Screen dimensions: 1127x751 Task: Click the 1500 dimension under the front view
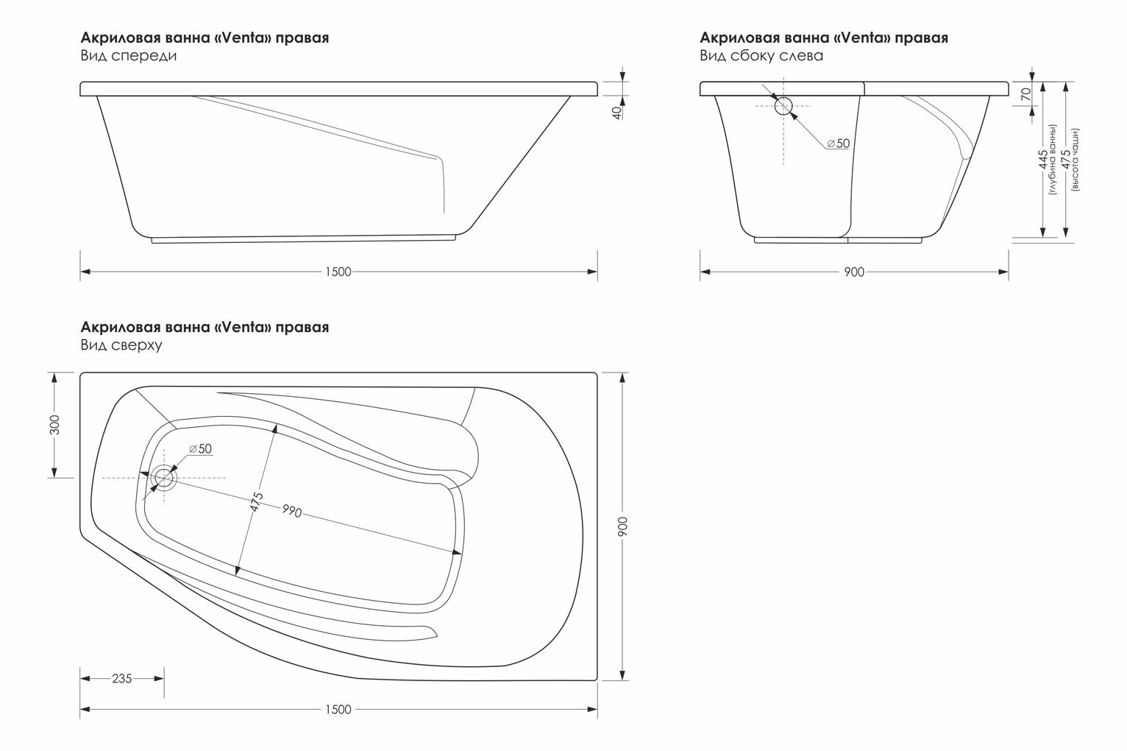point(338,272)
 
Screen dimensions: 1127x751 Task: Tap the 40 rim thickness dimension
point(616,113)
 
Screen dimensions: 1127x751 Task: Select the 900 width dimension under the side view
point(854,272)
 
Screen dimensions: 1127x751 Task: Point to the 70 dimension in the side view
point(1026,94)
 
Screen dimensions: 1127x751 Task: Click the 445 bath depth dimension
point(1042,160)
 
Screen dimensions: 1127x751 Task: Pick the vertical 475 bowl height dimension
point(1065,160)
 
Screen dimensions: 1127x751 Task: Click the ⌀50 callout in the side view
point(838,144)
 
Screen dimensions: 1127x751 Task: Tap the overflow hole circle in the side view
point(783,106)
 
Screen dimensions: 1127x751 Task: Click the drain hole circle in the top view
point(164,478)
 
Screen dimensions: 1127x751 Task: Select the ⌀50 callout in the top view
point(200,449)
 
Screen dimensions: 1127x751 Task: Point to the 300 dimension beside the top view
point(55,425)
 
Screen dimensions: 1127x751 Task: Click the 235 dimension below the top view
point(122,678)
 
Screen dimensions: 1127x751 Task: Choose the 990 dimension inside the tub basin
point(292,511)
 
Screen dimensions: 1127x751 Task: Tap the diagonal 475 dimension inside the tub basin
point(257,502)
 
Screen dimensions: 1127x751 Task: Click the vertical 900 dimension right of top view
point(623,526)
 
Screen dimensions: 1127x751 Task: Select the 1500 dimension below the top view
point(338,709)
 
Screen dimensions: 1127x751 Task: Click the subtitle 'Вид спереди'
point(129,55)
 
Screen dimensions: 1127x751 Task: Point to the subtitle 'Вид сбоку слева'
point(761,55)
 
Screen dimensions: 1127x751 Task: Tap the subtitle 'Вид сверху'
point(121,345)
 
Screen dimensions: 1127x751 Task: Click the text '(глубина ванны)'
point(1053,160)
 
